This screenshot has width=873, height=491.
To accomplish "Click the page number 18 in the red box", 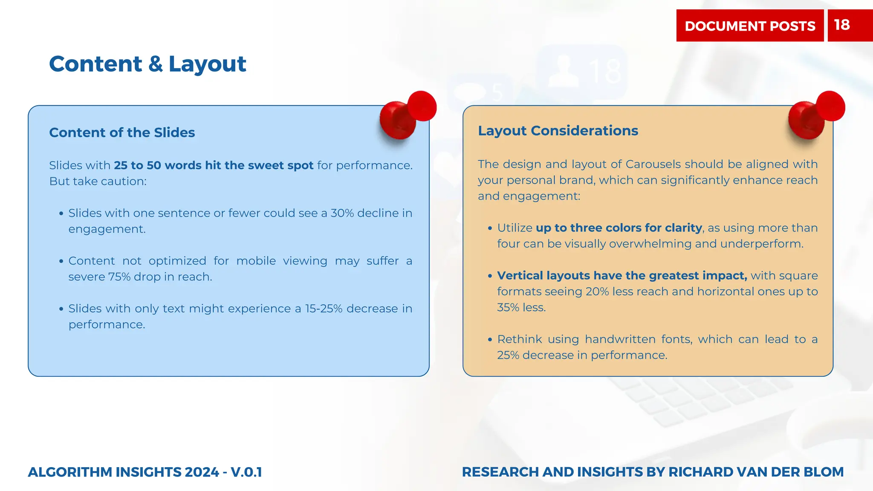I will coord(842,25).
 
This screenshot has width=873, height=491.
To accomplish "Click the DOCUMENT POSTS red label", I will coord(750,26).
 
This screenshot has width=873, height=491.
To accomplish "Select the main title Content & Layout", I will coord(147,64).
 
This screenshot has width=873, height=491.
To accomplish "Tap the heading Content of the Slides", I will coord(122,133).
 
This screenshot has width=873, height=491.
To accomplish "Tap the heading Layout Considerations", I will coord(558,130).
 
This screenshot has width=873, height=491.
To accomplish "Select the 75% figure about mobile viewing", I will coord(119,277).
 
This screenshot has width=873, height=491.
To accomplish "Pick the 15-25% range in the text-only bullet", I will coord(324,309).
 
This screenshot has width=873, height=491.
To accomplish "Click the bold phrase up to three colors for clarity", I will coord(619,228).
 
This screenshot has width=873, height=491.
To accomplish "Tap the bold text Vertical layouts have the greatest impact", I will coord(622,276).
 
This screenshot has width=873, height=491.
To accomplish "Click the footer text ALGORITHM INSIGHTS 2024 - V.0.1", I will coord(145,472).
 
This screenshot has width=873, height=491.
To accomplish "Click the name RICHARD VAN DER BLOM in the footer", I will coord(756,472).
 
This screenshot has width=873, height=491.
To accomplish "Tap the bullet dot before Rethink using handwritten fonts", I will coord(490,340).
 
